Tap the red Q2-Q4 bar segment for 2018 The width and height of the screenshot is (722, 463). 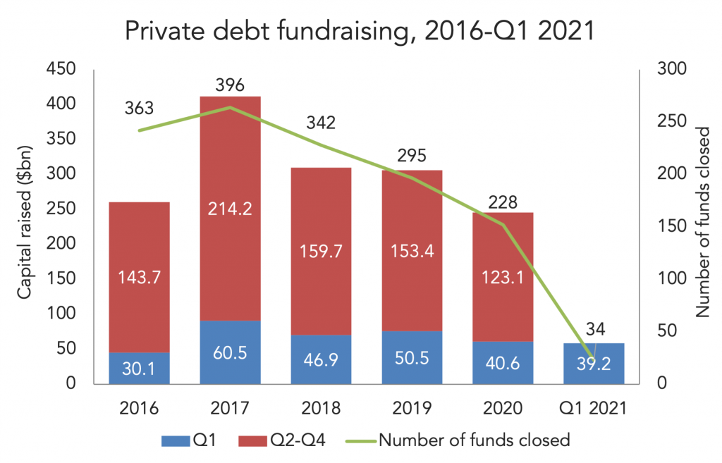pos(322,251)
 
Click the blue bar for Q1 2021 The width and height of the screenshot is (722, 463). pos(594,364)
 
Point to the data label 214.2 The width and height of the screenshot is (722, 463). pos(231,209)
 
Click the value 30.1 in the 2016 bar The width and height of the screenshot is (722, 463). pos(140,367)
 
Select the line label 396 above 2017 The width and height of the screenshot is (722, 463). pos(231,86)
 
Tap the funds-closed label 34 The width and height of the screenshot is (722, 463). pos(594,328)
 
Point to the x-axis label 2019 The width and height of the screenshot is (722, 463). pos(412,408)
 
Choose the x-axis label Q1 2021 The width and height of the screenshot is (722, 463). pos(594,408)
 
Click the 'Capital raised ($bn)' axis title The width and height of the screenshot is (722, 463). pos(26,226)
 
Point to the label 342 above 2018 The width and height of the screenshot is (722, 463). pos(322,123)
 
